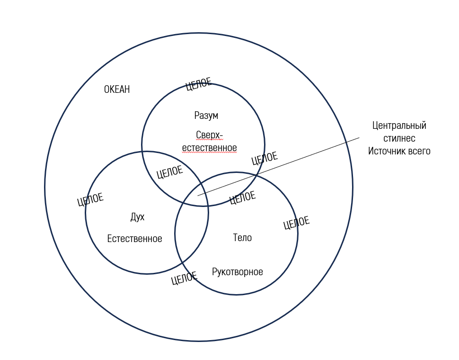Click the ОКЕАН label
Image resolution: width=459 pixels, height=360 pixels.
[x=117, y=90]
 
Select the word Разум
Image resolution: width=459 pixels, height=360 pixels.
[x=206, y=116]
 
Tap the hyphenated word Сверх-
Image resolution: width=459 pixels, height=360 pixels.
[x=209, y=135]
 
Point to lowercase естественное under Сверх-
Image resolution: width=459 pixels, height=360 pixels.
[x=209, y=148]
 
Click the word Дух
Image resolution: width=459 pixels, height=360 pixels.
[x=137, y=217]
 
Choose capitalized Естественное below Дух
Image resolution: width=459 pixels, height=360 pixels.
[x=134, y=239]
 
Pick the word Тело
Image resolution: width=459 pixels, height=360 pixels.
[x=242, y=238]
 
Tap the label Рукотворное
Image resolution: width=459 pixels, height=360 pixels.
[x=238, y=272]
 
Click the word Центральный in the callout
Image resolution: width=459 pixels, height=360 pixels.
[x=399, y=126]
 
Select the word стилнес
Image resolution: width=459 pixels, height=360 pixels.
[x=399, y=139]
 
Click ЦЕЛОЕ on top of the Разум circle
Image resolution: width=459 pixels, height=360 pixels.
[x=199, y=84]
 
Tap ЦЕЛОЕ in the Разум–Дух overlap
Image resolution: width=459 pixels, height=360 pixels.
[x=169, y=172]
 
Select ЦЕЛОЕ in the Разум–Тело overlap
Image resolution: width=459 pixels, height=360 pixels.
[x=242, y=198]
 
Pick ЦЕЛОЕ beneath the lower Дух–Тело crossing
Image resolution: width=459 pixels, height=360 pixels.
[x=184, y=279]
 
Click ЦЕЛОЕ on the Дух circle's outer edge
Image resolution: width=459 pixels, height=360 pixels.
[x=90, y=200]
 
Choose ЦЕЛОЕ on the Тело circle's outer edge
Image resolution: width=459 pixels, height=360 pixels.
[x=296, y=223]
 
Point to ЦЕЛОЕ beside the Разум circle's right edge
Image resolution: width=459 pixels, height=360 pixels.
[x=264, y=158]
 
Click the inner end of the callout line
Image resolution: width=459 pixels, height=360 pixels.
[x=198, y=195]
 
